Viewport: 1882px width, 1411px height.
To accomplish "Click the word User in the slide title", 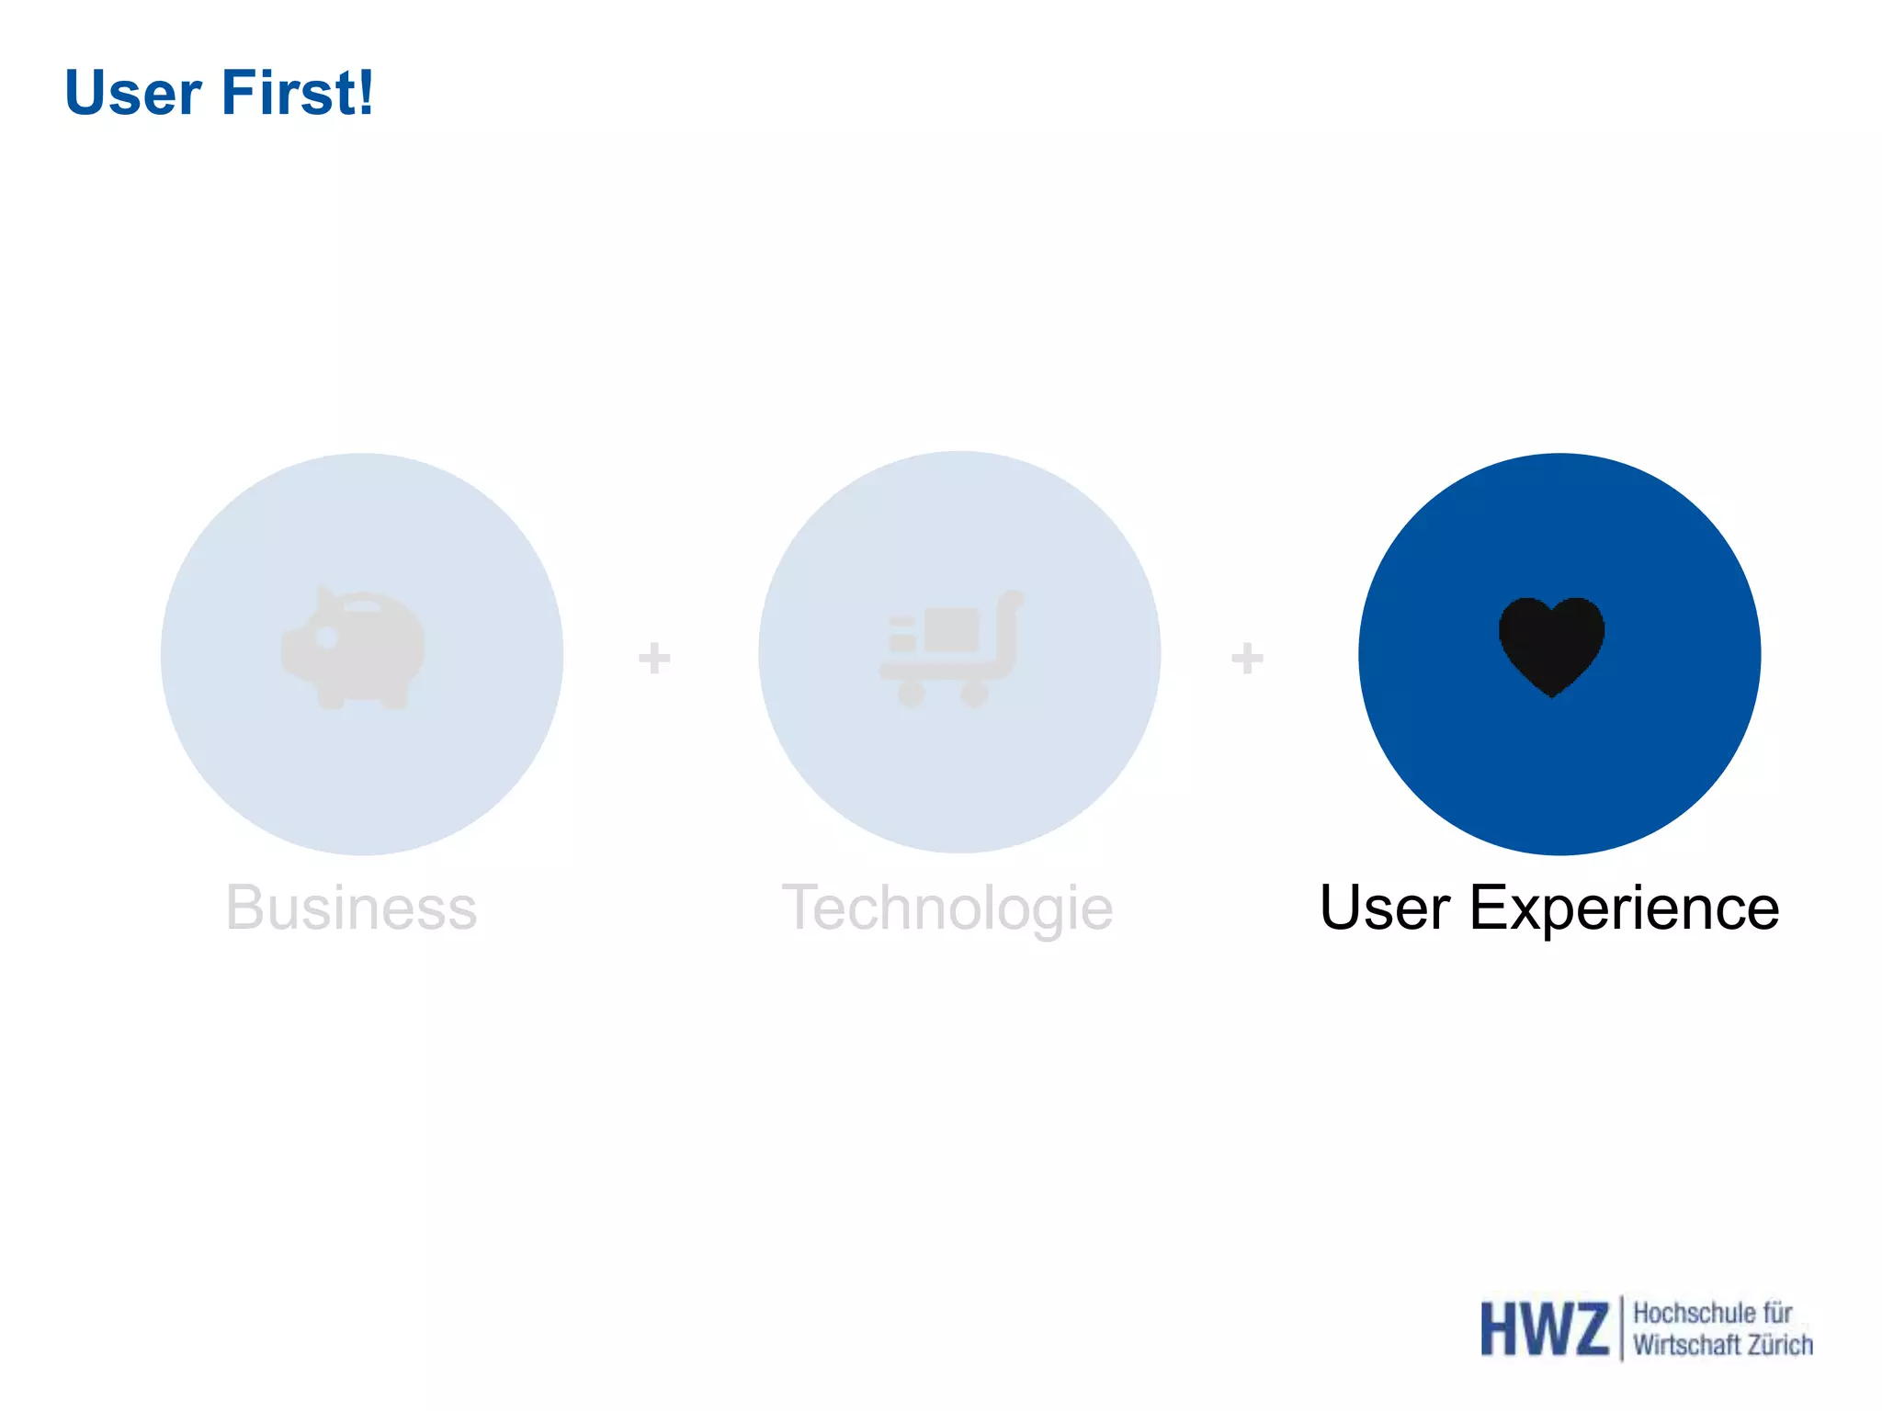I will (133, 94).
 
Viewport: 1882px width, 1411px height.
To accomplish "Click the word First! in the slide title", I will (296, 94).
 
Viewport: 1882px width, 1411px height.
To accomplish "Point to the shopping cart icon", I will (950, 649).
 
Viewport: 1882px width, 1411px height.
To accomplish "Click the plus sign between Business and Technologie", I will (654, 658).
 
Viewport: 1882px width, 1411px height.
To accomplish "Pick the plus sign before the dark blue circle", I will (1247, 658).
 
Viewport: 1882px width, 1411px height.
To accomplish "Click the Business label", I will (351, 908).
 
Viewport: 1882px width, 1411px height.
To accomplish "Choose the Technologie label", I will (947, 908).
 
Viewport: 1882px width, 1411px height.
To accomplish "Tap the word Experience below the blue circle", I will (1624, 908).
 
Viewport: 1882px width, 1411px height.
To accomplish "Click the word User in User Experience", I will (1384, 908).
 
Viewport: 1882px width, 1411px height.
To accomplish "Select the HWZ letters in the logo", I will (1544, 1328).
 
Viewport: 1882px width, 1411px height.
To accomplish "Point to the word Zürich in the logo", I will (1779, 1345).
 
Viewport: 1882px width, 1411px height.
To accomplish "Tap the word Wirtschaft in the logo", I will (1686, 1345).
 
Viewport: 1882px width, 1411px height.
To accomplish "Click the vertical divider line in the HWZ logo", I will (1621, 1328).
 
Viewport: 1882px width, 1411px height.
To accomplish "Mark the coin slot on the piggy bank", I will (363, 607).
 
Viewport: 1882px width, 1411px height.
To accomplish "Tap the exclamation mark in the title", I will (367, 94).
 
